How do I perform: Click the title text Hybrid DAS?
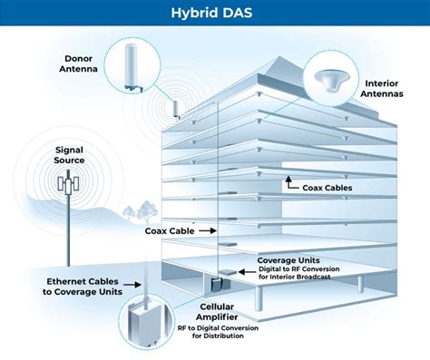pyautogui.click(x=214, y=14)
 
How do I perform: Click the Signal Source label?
pyautogui.click(x=69, y=154)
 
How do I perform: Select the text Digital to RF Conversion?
pyautogui.click(x=294, y=269)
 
